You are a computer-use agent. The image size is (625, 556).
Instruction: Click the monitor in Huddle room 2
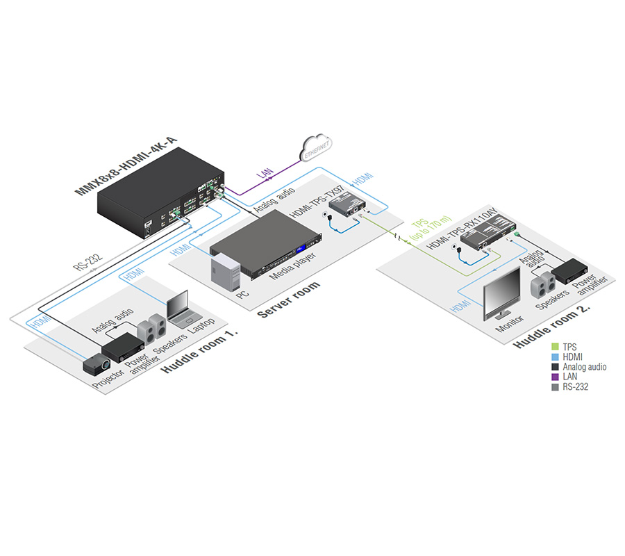point(501,293)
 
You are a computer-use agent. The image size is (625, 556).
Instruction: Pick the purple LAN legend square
point(555,377)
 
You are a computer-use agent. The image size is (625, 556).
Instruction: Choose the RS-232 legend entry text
point(576,386)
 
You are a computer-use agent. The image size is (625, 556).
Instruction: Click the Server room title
point(289,300)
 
